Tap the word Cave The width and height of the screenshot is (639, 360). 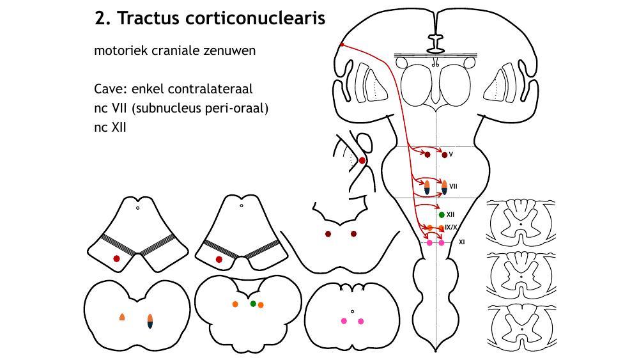[108, 89]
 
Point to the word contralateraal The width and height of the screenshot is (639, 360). [215, 89]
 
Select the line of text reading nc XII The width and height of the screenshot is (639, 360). [110, 127]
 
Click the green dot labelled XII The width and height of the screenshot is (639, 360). [442, 214]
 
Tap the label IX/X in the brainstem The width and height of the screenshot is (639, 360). [451, 227]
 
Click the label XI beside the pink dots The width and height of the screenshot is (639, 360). [462, 242]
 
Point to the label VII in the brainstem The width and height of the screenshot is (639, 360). [453, 187]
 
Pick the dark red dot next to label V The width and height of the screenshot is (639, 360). [444, 155]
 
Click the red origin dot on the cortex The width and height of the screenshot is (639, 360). [342, 45]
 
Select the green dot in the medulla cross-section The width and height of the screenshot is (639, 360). [253, 304]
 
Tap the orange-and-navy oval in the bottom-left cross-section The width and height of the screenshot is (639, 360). [150, 321]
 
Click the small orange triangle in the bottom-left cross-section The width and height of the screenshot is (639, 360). [122, 317]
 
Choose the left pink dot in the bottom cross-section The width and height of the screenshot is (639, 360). [344, 321]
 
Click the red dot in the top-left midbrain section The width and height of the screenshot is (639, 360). [116, 258]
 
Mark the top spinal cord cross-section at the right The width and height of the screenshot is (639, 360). [521, 221]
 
